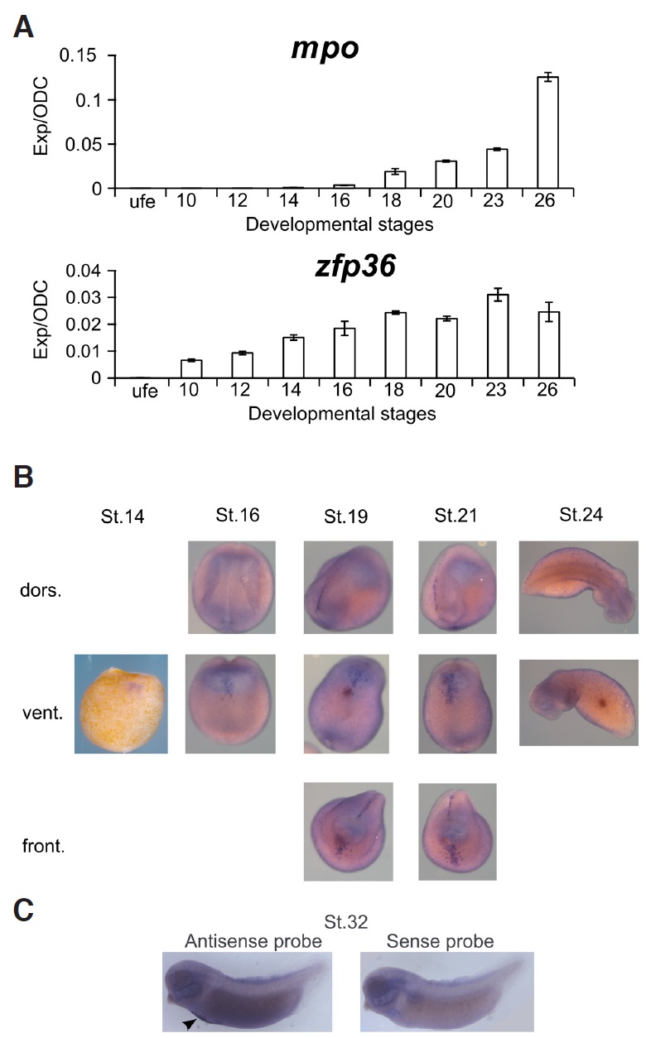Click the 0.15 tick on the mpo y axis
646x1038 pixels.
tap(80, 55)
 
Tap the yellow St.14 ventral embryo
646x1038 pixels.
tap(121, 703)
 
